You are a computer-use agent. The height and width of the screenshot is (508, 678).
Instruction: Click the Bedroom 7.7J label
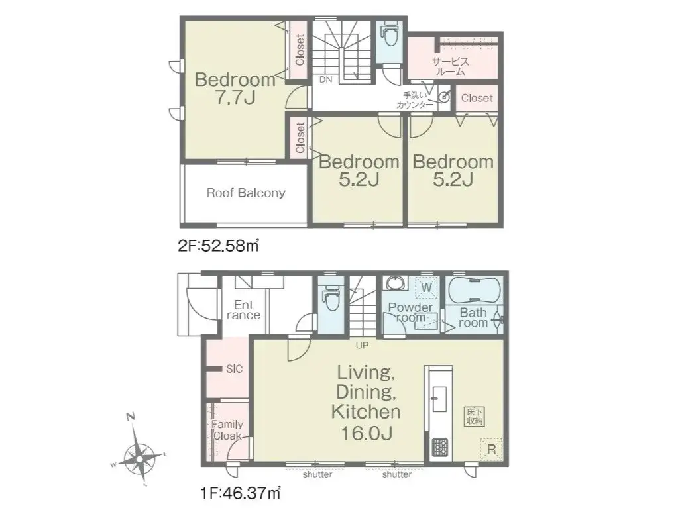click(235, 89)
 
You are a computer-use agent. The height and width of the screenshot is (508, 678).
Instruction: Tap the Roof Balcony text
click(246, 193)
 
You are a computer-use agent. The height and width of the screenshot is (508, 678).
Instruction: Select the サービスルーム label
click(451, 66)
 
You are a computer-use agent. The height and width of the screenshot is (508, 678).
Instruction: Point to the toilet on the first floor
click(331, 300)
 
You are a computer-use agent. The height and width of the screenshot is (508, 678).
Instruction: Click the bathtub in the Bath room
click(474, 290)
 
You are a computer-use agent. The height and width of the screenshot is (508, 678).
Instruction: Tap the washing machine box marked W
click(426, 287)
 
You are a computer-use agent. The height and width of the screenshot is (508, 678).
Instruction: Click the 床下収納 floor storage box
click(475, 417)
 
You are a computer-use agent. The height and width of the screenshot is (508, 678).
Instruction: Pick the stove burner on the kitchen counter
click(440, 448)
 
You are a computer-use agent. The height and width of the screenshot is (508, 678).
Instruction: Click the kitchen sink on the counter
click(439, 399)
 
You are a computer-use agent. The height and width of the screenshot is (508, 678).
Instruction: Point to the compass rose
click(139, 456)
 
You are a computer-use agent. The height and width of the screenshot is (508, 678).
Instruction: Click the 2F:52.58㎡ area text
click(218, 246)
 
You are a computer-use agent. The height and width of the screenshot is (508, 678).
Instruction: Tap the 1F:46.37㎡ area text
click(241, 493)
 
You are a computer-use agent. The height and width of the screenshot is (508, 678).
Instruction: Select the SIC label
click(234, 369)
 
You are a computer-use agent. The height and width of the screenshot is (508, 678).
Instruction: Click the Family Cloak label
click(227, 431)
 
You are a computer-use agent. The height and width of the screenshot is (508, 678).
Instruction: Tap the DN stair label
click(326, 79)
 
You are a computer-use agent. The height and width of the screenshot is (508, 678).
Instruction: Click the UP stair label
click(362, 346)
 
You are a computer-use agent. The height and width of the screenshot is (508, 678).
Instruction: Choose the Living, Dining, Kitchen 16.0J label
click(366, 402)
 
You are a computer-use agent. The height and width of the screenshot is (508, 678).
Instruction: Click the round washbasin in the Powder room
click(394, 284)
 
